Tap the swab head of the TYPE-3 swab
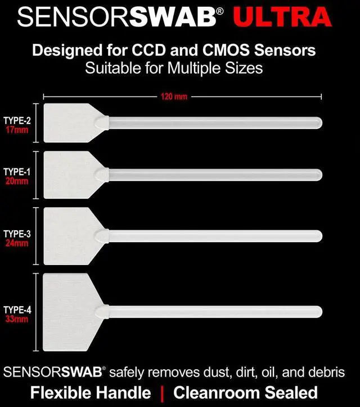click(70, 236)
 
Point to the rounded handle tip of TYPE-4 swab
click(318, 311)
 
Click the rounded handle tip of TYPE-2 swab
click(318, 122)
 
